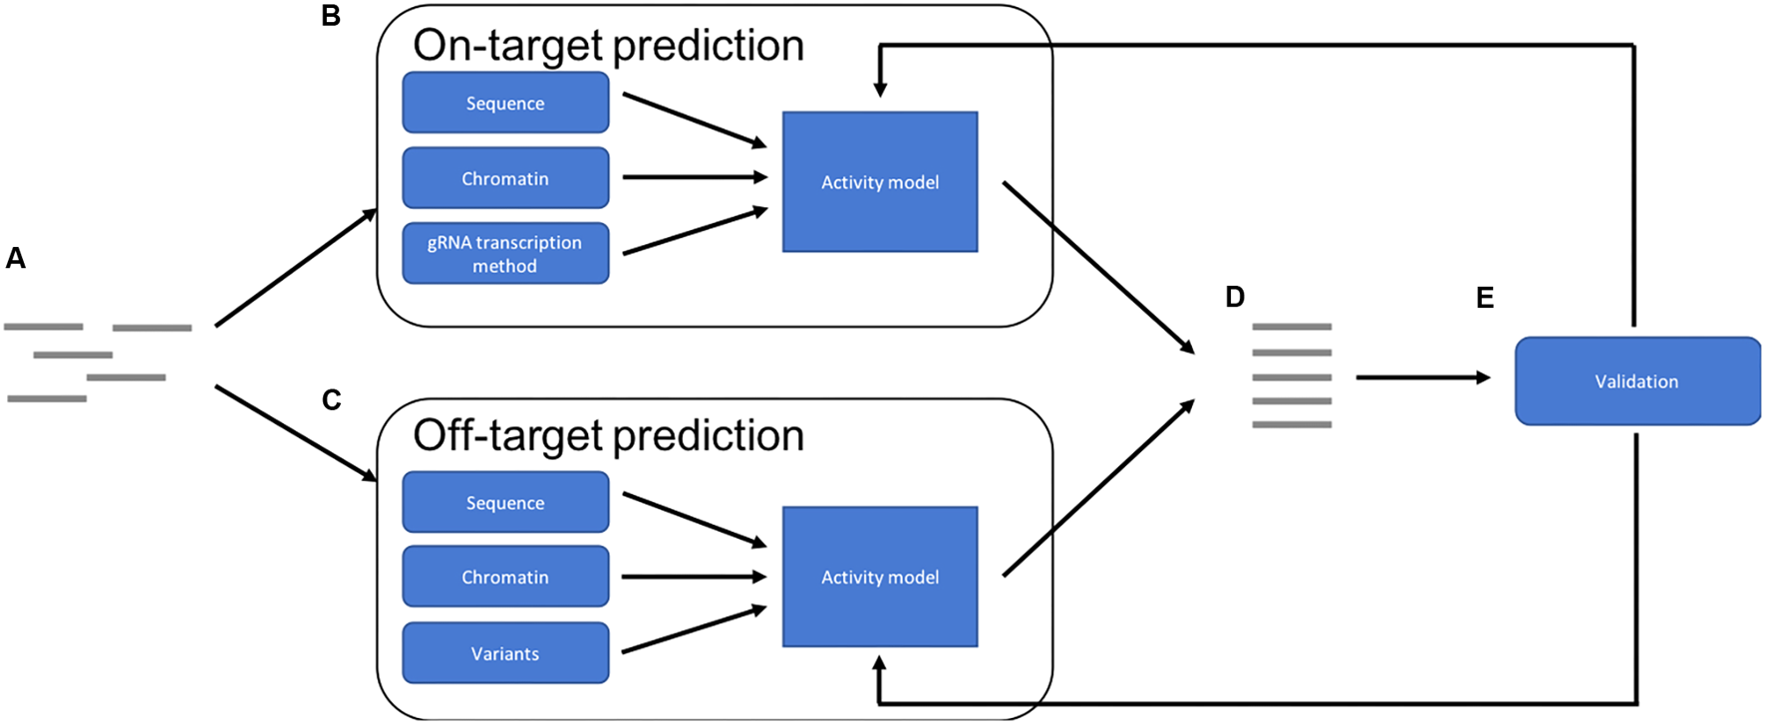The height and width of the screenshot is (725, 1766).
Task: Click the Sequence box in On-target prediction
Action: pyautogui.click(x=505, y=103)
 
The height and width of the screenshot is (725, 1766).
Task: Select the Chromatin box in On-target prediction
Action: pyautogui.click(x=505, y=178)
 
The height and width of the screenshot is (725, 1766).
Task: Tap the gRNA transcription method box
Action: pyautogui.click(x=505, y=254)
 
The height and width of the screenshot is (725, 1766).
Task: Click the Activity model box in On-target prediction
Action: pyautogui.click(x=880, y=182)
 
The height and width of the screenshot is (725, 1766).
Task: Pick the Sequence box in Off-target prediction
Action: pyautogui.click(x=505, y=502)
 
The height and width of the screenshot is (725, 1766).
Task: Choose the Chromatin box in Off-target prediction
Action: pyautogui.click(x=505, y=577)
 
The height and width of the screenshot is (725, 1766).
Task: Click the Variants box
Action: pyautogui.click(x=505, y=653)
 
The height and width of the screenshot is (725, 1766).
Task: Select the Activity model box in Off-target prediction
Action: pyautogui.click(x=880, y=577)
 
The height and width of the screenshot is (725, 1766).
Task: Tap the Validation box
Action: pyautogui.click(x=1636, y=381)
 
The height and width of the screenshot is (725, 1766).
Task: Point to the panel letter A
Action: pyautogui.click(x=16, y=259)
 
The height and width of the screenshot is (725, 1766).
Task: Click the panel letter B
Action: pyautogui.click(x=331, y=17)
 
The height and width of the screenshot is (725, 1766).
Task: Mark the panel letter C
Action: pyautogui.click(x=332, y=400)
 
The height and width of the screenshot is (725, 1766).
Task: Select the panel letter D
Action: pyautogui.click(x=1235, y=297)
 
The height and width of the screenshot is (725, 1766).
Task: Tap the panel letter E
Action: pyautogui.click(x=1485, y=298)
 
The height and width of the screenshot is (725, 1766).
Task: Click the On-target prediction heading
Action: pyautogui.click(x=608, y=45)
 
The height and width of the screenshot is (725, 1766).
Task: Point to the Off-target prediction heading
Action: pyautogui.click(x=608, y=435)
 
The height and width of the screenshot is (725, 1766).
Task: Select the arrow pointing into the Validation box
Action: pyautogui.click(x=1422, y=377)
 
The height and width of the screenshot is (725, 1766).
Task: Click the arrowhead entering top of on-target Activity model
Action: pyautogui.click(x=880, y=88)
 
